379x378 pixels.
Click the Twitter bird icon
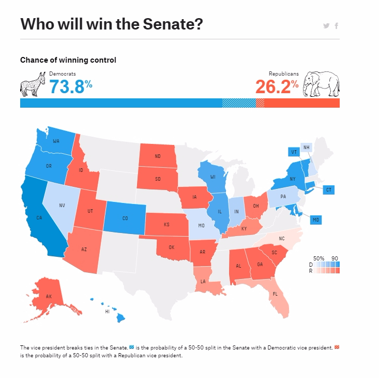[326, 26]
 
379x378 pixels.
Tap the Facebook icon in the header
[337, 26]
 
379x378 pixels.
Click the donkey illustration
[33, 83]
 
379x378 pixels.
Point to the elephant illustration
[321, 84]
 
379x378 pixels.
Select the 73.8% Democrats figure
[71, 86]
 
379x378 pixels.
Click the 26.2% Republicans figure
[277, 86]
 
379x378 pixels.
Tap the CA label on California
[39, 218]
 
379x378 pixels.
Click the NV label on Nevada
[62, 206]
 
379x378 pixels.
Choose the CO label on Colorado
[125, 219]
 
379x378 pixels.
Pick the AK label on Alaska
[49, 297]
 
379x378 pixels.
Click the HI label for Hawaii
[108, 312]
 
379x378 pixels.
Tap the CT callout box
[328, 190]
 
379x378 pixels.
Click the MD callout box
[315, 220]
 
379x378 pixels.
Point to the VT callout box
[294, 152]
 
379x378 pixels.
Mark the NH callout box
[307, 147]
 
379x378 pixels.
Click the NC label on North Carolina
[282, 239]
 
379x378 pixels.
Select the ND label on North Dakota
[157, 157]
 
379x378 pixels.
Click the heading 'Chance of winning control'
[68, 60]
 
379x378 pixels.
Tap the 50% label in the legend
[319, 258]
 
